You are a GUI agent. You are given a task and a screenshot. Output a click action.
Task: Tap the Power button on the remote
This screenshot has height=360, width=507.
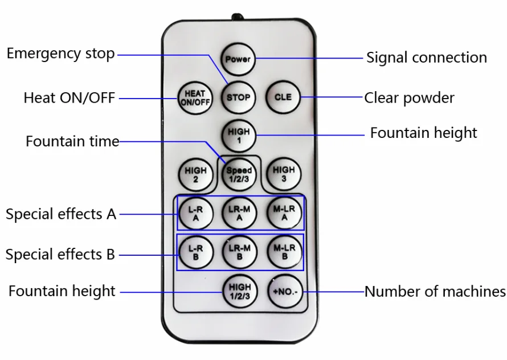point(238,59)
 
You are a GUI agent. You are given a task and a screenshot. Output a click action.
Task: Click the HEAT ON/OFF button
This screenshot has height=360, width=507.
point(194,97)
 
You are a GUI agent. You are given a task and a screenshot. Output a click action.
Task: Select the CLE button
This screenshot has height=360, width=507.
point(283,97)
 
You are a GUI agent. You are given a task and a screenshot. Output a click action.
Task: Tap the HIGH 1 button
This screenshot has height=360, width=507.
point(238,136)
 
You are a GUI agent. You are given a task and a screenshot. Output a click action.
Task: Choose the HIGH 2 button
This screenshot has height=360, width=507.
point(195,174)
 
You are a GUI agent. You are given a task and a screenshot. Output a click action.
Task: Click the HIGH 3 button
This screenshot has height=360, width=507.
point(283,174)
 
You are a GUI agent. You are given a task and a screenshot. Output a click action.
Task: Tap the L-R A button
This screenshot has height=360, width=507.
point(195,213)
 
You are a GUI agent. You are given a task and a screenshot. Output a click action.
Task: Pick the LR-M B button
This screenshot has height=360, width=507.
point(239,252)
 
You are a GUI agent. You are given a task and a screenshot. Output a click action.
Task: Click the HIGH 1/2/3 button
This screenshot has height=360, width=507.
point(240,291)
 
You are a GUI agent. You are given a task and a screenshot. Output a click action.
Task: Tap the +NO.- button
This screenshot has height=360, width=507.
point(284,292)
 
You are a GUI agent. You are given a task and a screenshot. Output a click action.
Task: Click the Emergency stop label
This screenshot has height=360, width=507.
point(60,54)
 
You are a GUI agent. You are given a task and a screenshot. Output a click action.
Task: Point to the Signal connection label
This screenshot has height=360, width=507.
point(426,58)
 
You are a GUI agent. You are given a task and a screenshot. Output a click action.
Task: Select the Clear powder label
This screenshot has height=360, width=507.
point(409,98)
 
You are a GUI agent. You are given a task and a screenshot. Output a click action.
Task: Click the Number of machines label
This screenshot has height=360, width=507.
point(435,292)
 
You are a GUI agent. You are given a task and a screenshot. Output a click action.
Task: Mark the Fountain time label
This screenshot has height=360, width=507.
point(72,141)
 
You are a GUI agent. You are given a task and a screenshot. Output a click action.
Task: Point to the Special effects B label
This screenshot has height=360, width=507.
point(60,255)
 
